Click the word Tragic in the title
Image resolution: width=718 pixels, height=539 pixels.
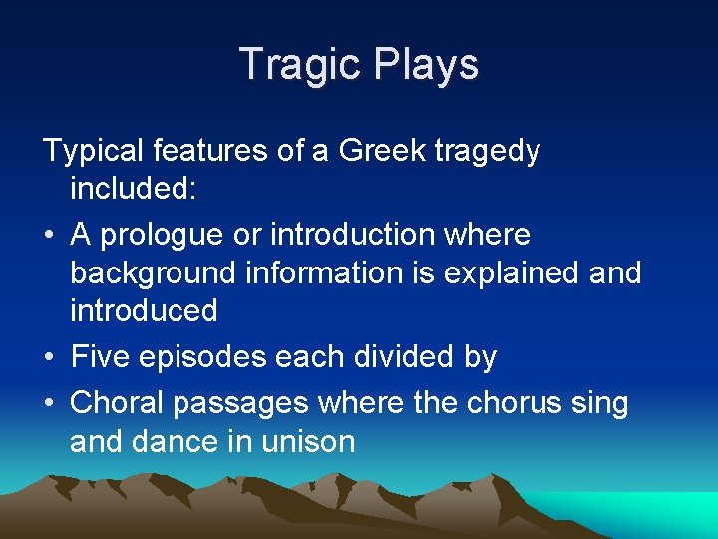[x=302, y=65]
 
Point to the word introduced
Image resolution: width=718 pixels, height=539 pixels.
[x=144, y=310]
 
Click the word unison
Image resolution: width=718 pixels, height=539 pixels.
[x=307, y=441]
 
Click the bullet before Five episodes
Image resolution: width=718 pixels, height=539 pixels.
[x=49, y=357]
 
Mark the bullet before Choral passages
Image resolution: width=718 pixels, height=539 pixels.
[x=49, y=403]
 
